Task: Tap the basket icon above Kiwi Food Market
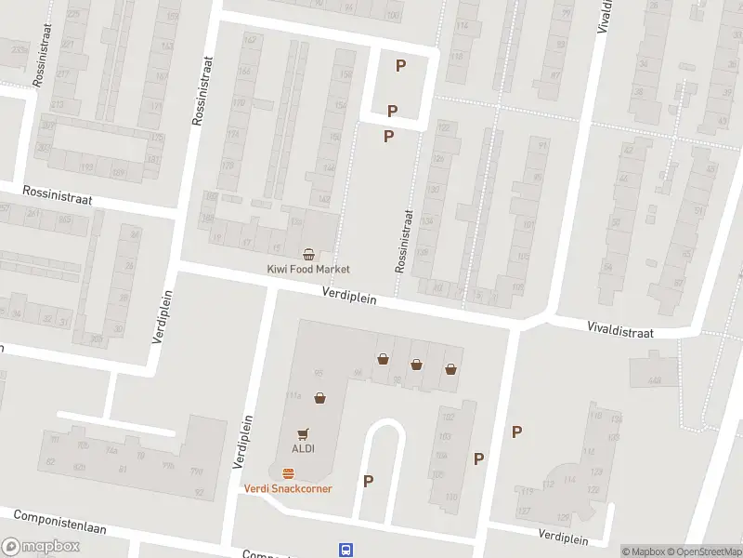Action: click(308, 254)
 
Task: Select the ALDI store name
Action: click(303, 448)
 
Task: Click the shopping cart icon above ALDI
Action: click(302, 433)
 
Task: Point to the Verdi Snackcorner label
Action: click(288, 488)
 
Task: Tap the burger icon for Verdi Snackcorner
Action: click(288, 473)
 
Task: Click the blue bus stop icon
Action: click(345, 549)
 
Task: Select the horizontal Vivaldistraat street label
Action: click(620, 330)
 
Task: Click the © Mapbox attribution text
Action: click(643, 551)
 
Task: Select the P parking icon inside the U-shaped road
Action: click(369, 481)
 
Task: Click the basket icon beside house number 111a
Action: click(319, 398)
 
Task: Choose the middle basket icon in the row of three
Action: click(416, 365)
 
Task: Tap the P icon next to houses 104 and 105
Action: click(479, 458)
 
